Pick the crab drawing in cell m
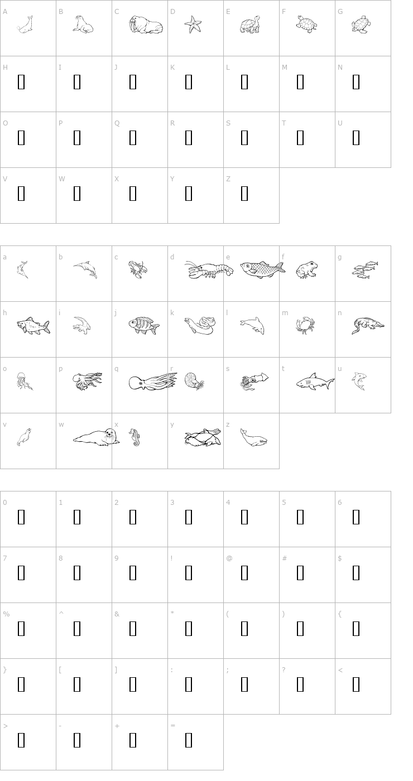[305, 325]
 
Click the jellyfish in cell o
[24, 381]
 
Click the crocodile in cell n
[367, 325]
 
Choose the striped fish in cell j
[143, 325]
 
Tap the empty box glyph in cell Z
[244, 194]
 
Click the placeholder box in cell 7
[21, 573]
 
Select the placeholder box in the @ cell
[244, 573]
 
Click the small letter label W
[61, 179]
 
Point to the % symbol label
[6, 614]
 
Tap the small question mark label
[284, 670]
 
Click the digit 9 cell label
[117, 558]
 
